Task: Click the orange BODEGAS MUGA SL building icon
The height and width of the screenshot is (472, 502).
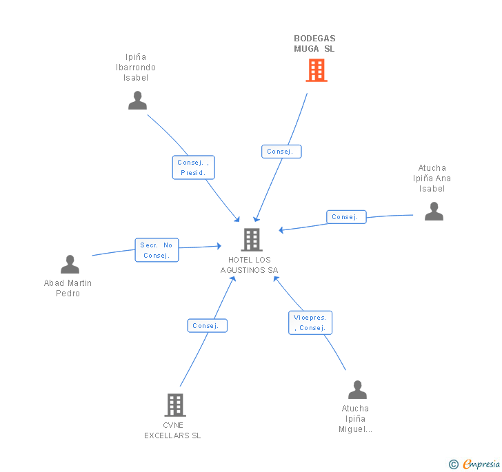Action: [x=316, y=70]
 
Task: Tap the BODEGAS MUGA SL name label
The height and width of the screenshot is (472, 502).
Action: [x=314, y=43]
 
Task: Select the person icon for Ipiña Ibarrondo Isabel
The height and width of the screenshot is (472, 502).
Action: [x=138, y=101]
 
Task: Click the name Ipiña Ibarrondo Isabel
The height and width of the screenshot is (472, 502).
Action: [x=136, y=68]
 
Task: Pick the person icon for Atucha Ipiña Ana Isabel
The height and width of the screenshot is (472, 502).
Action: [x=434, y=212]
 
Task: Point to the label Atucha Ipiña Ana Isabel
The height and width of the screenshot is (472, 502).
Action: [x=432, y=178]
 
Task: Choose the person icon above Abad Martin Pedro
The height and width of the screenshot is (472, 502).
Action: [x=70, y=265]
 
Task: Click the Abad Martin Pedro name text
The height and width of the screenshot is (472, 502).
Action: [x=68, y=288]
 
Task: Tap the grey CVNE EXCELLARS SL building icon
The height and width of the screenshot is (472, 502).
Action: [x=176, y=405]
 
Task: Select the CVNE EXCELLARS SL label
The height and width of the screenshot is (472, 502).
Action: [x=172, y=431]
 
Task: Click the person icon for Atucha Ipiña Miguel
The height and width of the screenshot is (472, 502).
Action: [x=357, y=390]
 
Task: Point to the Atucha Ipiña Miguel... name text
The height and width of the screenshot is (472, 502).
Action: [x=355, y=419]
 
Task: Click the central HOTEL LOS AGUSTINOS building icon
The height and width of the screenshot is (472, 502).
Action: [x=252, y=240]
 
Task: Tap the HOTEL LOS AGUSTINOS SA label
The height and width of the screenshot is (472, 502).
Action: [x=250, y=265]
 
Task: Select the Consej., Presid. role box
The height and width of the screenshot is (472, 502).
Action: [x=193, y=167]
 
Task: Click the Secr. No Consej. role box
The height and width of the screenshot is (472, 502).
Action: [x=157, y=250]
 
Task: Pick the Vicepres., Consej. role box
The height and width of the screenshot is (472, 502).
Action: [x=310, y=322]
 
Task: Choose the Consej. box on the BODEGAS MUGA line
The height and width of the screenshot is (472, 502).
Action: [x=281, y=152]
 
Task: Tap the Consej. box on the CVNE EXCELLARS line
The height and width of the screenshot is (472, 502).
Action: [x=207, y=326]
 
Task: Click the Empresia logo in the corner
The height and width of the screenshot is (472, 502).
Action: [x=474, y=464]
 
